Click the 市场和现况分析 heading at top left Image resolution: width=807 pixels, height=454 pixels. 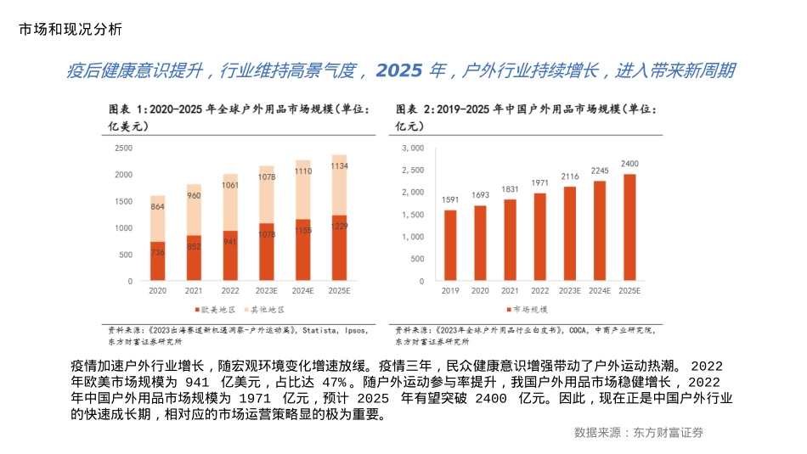pos(70,29)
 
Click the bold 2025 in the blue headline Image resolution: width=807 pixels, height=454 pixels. pos(399,70)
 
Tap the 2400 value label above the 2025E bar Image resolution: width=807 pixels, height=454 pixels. pos(629,163)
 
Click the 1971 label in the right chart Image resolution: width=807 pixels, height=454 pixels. pos(539,182)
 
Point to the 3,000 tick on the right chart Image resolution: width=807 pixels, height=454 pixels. pos(411,148)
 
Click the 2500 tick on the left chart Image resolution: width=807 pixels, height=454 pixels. pos(123,148)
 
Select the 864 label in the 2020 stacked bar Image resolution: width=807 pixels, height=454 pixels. pos(157,206)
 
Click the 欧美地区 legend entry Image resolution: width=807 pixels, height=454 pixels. pos(216,310)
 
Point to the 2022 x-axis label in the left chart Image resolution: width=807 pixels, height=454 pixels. pos(230,291)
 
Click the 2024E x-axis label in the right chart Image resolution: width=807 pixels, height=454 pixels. pos(599,291)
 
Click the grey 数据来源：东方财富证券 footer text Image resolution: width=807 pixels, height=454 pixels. pos(639,432)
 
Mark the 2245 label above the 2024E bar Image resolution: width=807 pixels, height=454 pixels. pos(600,171)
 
